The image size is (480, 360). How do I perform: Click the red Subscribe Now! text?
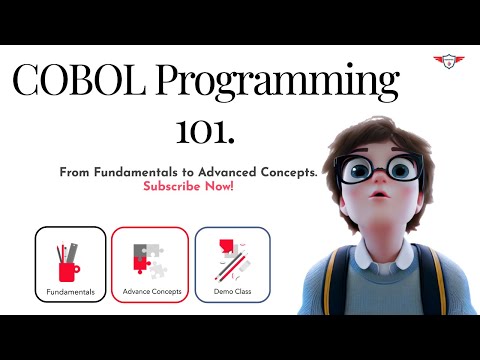point(188,187)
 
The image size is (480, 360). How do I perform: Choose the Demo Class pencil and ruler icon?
point(232,260)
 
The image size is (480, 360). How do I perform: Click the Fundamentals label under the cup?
point(70,292)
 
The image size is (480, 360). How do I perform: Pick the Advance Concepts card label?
point(150,292)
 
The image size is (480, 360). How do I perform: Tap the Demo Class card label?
point(232,292)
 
